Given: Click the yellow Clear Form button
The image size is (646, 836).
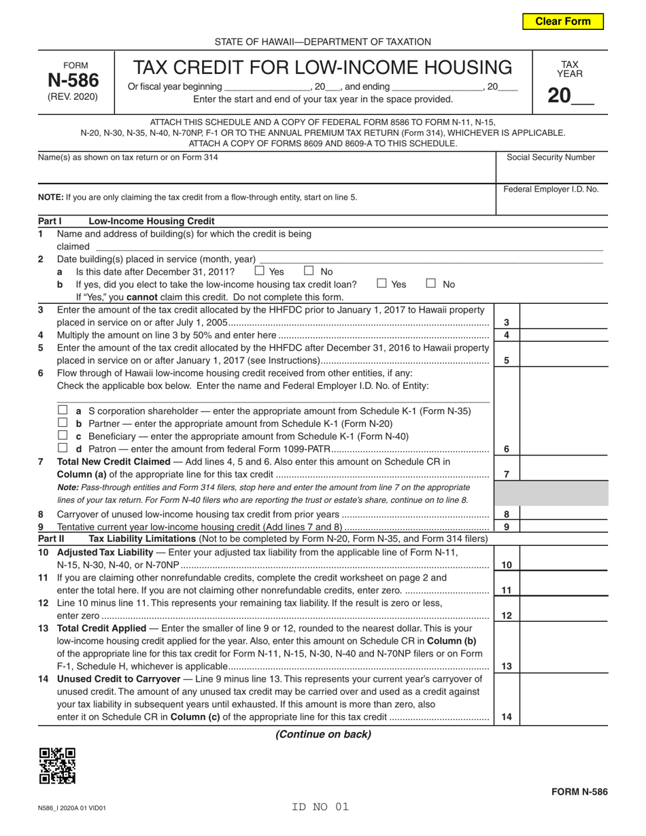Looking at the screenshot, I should (x=562, y=21).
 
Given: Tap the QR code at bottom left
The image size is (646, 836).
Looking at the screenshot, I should (x=57, y=765).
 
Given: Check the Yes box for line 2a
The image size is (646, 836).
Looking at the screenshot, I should (x=259, y=271).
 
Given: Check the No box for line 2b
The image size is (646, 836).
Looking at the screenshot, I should (x=431, y=283).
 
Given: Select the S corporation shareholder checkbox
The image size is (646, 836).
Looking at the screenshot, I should (x=63, y=411).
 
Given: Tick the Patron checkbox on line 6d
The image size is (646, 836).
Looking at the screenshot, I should (x=63, y=449).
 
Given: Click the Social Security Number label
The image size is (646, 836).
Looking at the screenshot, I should (x=551, y=158).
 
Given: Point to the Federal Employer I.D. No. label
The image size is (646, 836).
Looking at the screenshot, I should (x=551, y=190).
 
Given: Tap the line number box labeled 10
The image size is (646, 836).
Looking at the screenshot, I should (x=507, y=565).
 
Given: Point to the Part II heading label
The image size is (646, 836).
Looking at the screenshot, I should (x=51, y=539).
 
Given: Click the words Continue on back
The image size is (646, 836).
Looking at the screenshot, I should (x=323, y=734).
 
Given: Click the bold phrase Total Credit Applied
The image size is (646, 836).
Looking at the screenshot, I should (x=101, y=628).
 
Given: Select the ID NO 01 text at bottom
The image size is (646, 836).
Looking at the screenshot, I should (x=320, y=807).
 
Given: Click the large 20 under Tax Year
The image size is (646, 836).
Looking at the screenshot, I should (x=559, y=96).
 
